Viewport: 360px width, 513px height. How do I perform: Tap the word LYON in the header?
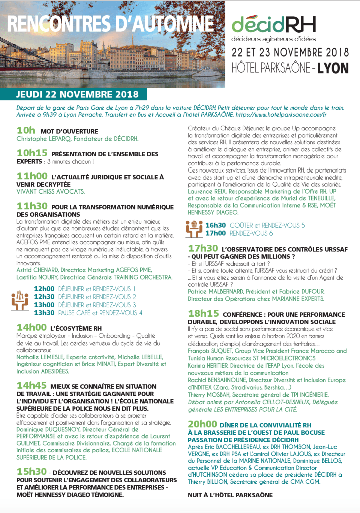click(332, 68)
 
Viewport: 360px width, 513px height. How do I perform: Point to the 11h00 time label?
click(32, 176)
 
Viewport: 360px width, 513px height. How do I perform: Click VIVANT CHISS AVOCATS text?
click(51, 191)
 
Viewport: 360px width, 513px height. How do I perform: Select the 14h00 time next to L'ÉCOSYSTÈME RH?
click(32, 327)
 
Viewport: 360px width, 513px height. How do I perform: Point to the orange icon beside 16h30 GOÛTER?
click(194, 229)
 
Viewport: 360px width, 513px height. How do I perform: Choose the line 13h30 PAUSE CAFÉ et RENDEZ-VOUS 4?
click(88, 313)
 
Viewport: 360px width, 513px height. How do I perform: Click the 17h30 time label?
click(203, 248)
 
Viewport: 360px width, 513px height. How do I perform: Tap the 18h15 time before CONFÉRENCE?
click(203, 314)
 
